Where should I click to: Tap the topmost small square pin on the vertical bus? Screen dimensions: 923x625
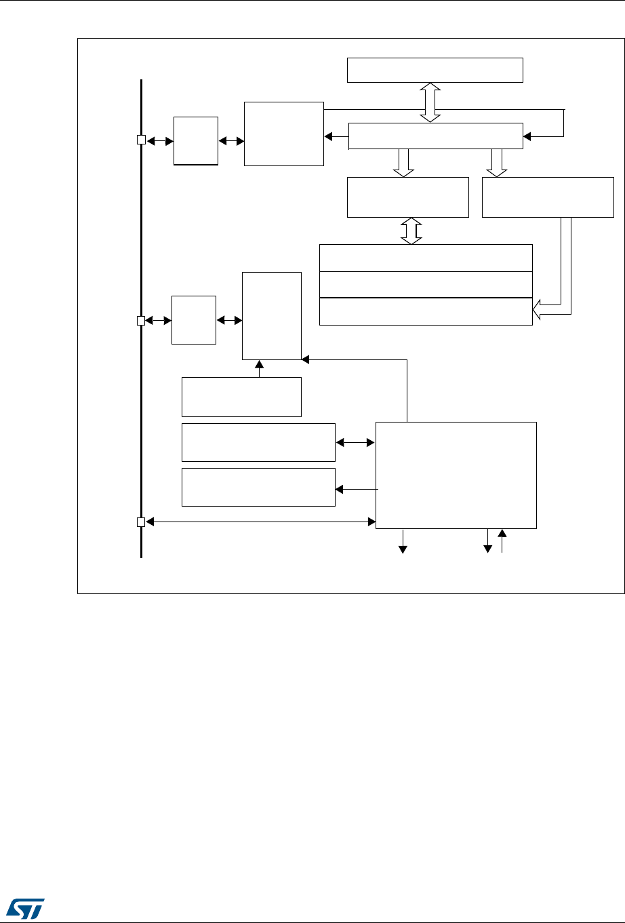point(141,140)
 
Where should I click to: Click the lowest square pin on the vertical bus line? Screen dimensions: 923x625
point(141,522)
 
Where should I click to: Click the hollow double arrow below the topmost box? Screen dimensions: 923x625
point(430,102)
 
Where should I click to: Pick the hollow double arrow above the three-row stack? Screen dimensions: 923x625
point(411,231)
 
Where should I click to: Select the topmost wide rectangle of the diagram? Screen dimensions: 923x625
point(435,70)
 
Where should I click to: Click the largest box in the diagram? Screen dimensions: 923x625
point(456,475)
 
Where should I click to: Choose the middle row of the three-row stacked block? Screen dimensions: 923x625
point(425,284)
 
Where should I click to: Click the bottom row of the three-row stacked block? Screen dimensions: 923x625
point(425,311)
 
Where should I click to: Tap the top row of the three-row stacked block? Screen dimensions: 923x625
point(425,257)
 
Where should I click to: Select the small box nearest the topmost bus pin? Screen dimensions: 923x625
point(196,140)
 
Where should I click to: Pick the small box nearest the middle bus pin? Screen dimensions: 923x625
point(194,319)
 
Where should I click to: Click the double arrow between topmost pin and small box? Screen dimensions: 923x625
point(160,140)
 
